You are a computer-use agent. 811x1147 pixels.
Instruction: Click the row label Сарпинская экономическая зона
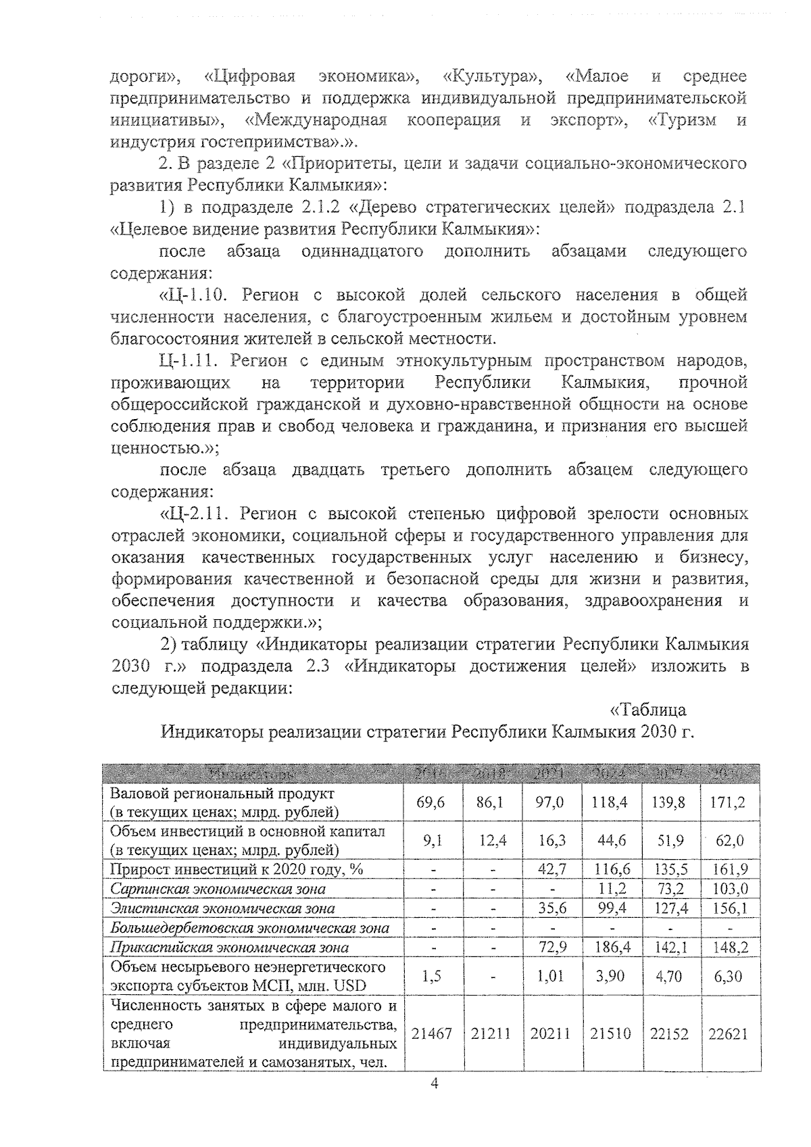tap(218, 889)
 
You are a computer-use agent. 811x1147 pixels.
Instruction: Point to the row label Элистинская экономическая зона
tap(223, 909)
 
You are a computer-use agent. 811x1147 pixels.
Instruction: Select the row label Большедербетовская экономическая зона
tap(250, 928)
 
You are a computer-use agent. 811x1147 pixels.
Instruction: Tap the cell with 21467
tap(433, 1034)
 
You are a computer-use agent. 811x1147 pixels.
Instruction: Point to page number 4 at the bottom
tap(435, 1102)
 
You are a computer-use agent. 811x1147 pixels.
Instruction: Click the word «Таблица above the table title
tap(648, 710)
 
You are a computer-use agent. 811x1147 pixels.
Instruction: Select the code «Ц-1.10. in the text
tap(195, 295)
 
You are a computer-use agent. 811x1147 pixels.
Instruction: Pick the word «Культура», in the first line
tap(493, 76)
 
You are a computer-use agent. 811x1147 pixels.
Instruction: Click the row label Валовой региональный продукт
tap(222, 794)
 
